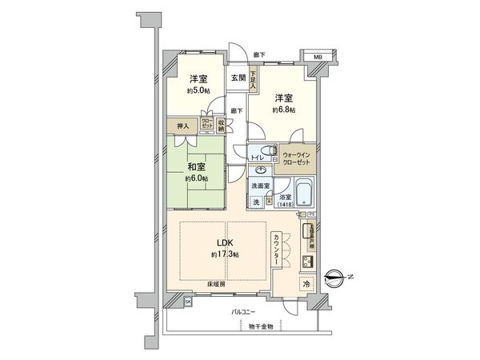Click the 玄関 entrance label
click(x=238, y=78)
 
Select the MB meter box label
click(x=317, y=58)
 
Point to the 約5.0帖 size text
click(x=198, y=91)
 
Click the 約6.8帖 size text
click(x=283, y=110)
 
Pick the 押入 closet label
click(x=183, y=126)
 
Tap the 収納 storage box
click(x=221, y=125)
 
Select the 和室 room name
click(x=198, y=167)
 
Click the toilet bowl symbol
click(x=266, y=154)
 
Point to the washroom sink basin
click(x=261, y=170)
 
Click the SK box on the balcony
click(x=188, y=302)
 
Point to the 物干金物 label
click(x=259, y=326)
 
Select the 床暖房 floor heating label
click(x=218, y=284)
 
